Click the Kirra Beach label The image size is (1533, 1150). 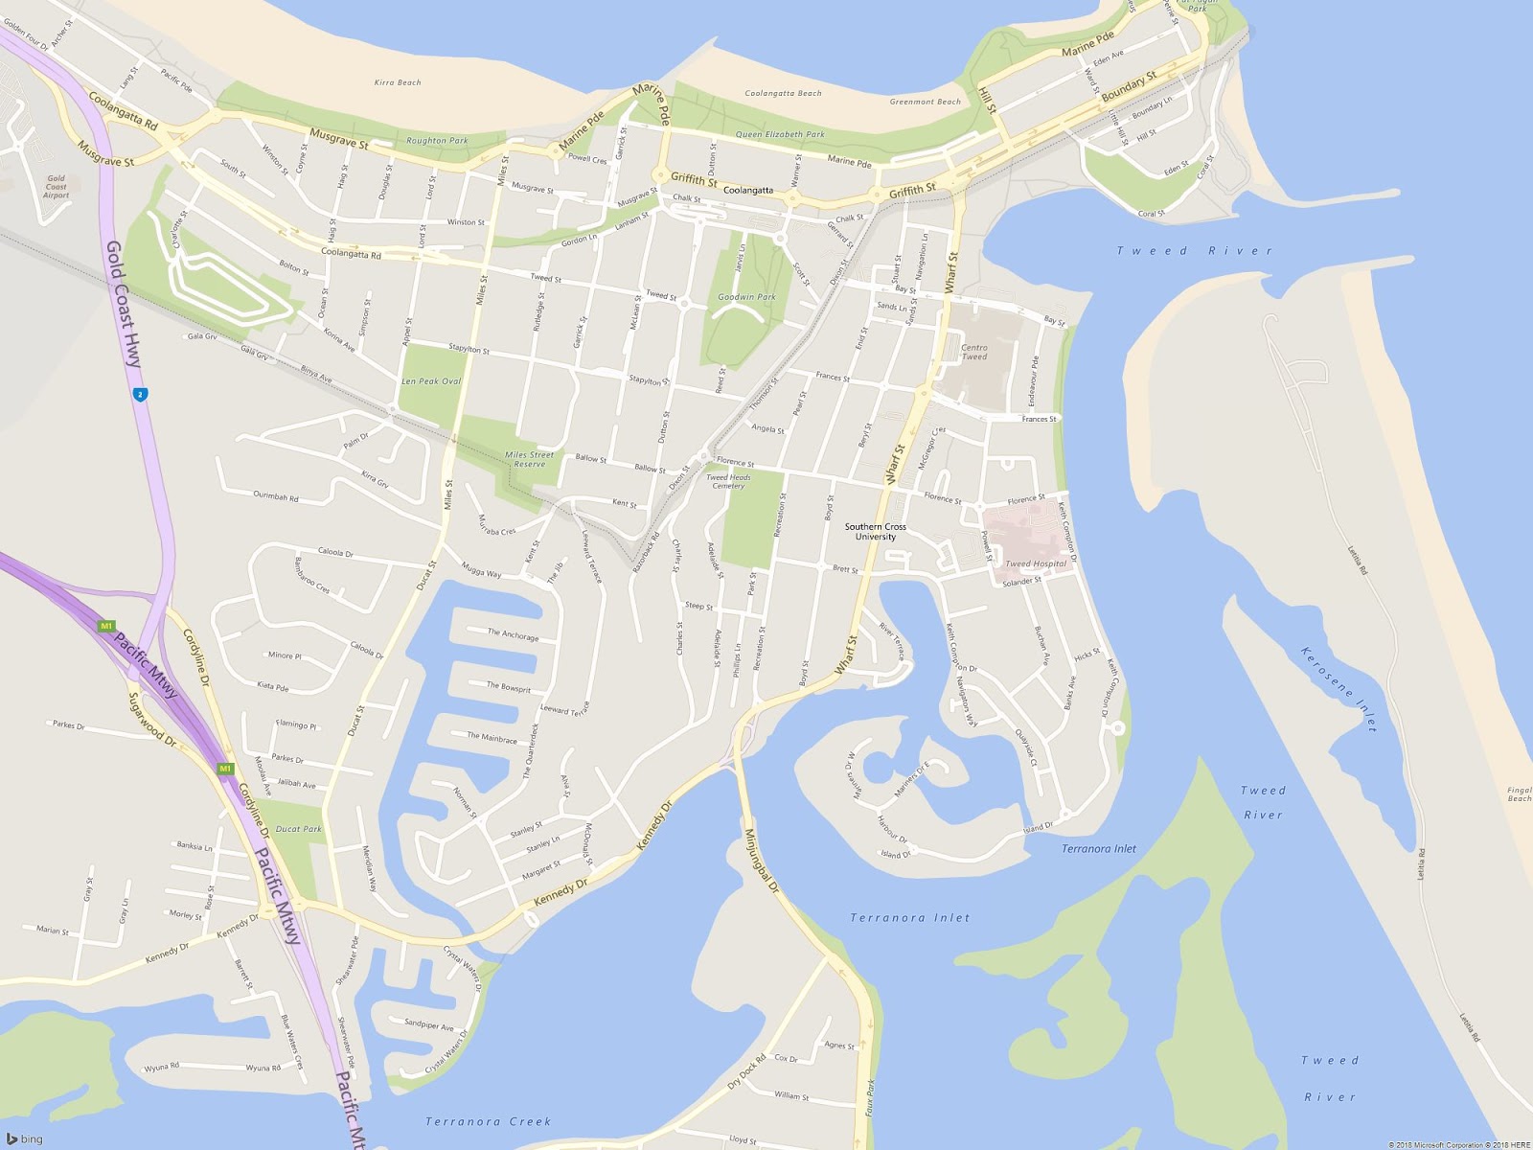point(397,82)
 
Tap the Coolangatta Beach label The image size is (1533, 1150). point(783,93)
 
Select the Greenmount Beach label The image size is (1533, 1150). point(925,102)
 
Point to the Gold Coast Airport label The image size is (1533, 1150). point(57,187)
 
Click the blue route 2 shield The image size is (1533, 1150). point(141,394)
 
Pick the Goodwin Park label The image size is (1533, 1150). point(746,297)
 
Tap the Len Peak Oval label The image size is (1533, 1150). point(430,381)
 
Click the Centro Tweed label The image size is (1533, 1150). point(973,353)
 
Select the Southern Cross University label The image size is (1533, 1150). point(875,532)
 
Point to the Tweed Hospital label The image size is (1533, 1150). point(1035,563)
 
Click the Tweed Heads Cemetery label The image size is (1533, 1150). point(728,481)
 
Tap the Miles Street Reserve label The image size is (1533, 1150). point(529,459)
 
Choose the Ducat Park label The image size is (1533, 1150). point(298,829)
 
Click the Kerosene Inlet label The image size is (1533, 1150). point(1339,689)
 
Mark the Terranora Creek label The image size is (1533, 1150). point(488,1121)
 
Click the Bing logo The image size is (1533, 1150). point(25,1138)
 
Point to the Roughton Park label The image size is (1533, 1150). point(437,141)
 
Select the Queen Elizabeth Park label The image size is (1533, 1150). point(779,134)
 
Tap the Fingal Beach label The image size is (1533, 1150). point(1519,794)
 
